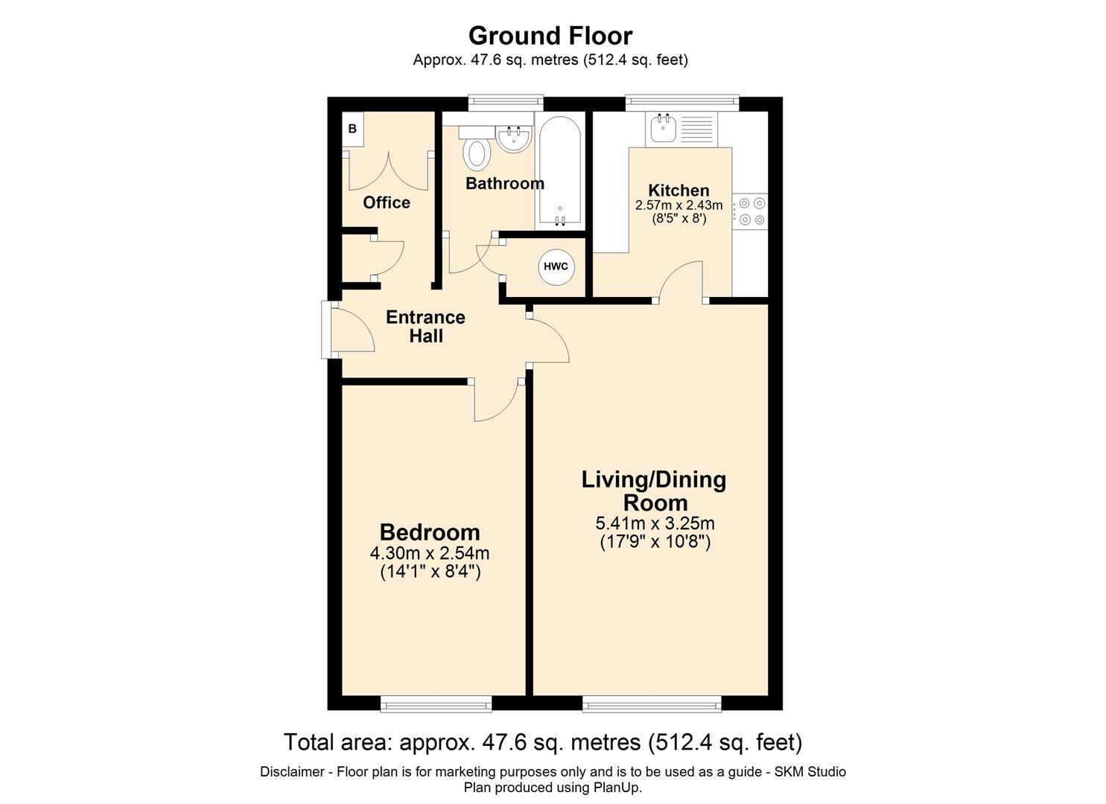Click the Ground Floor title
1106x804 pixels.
[x=550, y=36]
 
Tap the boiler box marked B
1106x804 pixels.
[x=352, y=129]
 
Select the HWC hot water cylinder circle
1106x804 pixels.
[x=556, y=267]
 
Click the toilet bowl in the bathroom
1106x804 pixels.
[x=477, y=153]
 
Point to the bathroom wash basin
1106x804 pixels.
[x=513, y=138]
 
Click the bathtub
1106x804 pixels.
[x=560, y=172]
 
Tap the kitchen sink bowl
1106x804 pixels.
[x=663, y=128]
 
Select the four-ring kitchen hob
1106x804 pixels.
[x=749, y=211]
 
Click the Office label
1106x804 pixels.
[x=387, y=202]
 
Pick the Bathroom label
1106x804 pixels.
[x=505, y=184]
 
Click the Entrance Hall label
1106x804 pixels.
[x=425, y=326]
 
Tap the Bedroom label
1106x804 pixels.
[x=430, y=532]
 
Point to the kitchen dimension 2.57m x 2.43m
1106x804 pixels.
[x=679, y=205]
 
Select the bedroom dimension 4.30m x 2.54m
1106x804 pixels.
[x=430, y=553]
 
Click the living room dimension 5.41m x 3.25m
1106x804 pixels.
[x=655, y=523]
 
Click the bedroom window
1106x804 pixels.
[x=436, y=703]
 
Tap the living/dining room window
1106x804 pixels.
[x=652, y=703]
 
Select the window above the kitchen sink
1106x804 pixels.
[x=682, y=103]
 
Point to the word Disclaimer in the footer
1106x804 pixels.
[x=292, y=772]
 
